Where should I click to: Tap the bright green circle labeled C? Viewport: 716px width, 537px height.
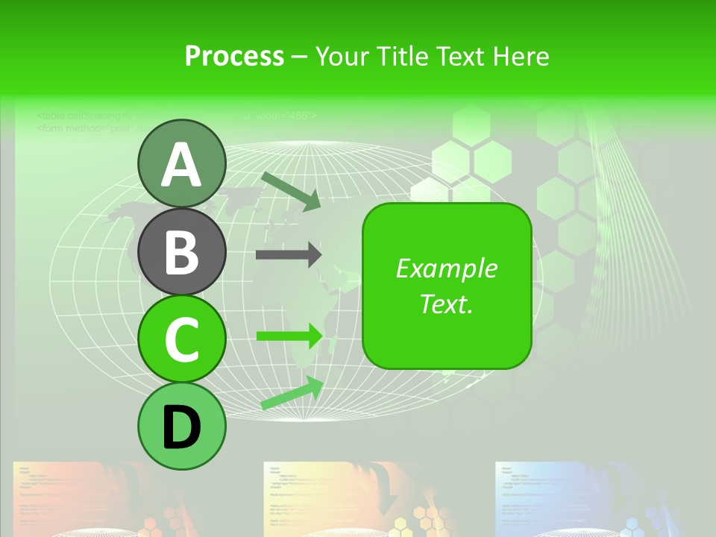click(182, 339)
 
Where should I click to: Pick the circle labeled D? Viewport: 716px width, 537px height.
click(182, 426)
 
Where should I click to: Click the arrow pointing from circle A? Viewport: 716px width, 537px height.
click(291, 190)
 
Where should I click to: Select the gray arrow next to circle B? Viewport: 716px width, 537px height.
click(288, 255)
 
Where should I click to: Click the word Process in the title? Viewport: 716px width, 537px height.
click(234, 57)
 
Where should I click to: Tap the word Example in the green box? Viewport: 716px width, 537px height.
click(446, 268)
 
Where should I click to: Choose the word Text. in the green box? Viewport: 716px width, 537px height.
click(446, 304)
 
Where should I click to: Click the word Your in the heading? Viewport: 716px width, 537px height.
click(342, 57)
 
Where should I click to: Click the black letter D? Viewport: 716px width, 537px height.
click(182, 427)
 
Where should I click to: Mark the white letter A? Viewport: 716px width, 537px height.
click(182, 165)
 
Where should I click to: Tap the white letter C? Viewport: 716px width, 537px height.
click(182, 339)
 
